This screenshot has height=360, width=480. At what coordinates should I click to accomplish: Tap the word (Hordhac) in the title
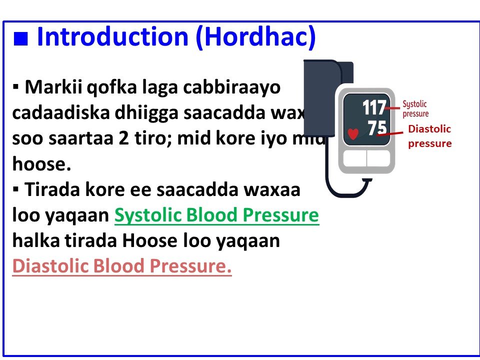(x=256, y=37)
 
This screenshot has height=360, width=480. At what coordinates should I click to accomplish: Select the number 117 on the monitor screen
(x=374, y=108)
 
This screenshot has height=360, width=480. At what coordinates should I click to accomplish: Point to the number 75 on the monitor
(x=377, y=128)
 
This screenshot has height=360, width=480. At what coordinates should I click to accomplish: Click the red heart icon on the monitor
(x=353, y=134)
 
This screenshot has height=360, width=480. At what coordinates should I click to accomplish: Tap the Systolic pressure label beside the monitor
(x=415, y=109)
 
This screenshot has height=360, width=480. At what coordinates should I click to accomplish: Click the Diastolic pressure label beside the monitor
(x=429, y=136)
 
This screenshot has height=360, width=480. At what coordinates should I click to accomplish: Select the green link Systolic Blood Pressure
(x=216, y=215)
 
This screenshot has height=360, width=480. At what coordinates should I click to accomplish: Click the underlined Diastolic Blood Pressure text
(x=122, y=266)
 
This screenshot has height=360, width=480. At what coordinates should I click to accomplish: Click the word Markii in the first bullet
(x=54, y=88)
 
